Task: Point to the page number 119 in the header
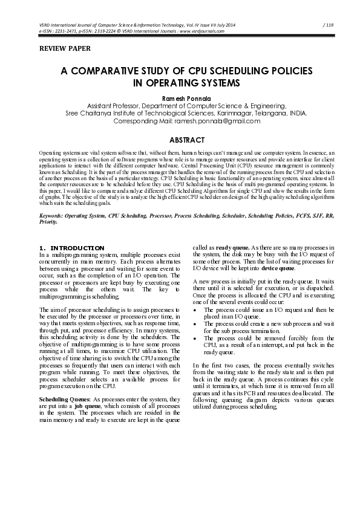pyautogui.click(x=329, y=25)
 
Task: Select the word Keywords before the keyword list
pyautogui.click(x=52, y=215)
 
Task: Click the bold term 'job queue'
pyautogui.click(x=90, y=407)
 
